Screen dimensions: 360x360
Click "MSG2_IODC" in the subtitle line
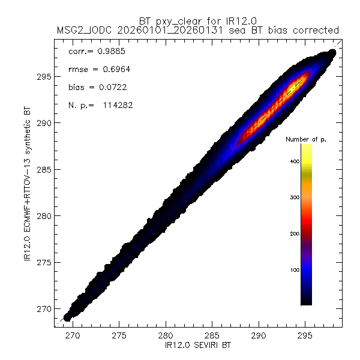coord(80,30)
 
